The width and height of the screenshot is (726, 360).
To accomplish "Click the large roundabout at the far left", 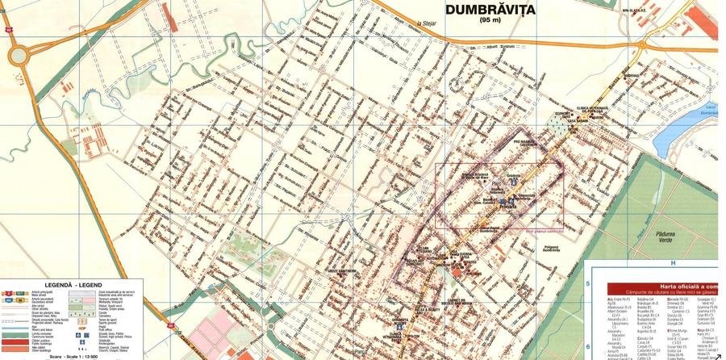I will [19, 56].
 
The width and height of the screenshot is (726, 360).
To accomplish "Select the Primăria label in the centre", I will [510, 206].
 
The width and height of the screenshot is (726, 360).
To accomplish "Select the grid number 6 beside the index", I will [588, 320].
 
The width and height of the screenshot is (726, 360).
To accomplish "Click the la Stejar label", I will [415, 24].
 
